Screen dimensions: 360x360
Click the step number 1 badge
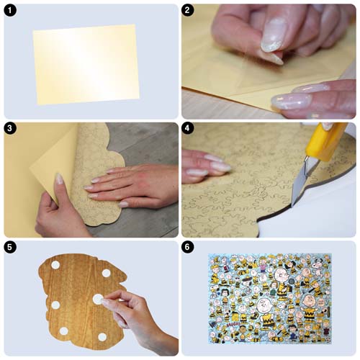[x=10, y=10]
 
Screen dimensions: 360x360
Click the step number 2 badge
[x=188, y=10]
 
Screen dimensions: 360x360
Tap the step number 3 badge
[x=10, y=128]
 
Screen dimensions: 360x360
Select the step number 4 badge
[x=188, y=128]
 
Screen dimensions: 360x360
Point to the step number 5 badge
[x=10, y=247]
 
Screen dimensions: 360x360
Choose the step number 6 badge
[x=188, y=247]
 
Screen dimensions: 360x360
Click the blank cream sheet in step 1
[x=86, y=64]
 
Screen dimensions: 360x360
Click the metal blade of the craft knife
[x=300, y=183]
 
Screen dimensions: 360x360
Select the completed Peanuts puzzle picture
[x=270, y=299]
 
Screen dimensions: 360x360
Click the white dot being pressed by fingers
[x=98, y=299]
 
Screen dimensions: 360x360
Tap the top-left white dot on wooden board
[x=55, y=265]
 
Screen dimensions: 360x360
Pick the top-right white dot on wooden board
[x=106, y=273]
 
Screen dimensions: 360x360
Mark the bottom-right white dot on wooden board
[x=102, y=337]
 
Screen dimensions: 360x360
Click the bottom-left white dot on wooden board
[x=64, y=331]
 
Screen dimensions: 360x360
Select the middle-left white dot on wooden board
[x=55, y=305]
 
